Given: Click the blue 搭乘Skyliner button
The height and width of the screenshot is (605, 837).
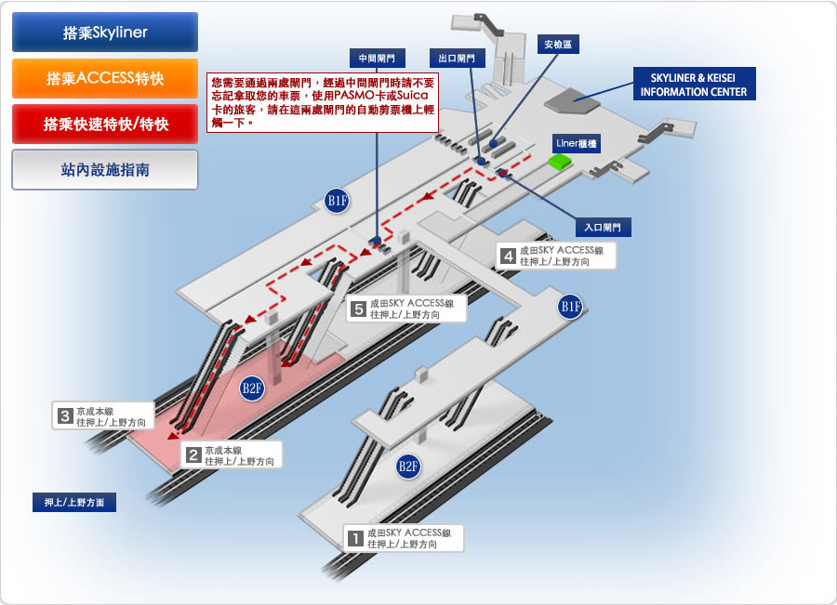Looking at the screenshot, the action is click(x=105, y=32).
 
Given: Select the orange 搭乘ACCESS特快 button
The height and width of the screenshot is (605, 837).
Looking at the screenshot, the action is click(x=105, y=78).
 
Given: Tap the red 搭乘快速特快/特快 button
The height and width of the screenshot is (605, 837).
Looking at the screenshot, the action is click(x=105, y=125).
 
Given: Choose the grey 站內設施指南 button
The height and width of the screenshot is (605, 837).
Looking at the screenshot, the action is click(x=105, y=170).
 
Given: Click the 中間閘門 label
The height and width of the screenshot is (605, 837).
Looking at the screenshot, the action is click(x=377, y=59).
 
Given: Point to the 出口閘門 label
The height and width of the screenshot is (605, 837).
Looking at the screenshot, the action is click(x=457, y=59).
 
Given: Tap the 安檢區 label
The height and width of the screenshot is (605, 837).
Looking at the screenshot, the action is click(x=558, y=45).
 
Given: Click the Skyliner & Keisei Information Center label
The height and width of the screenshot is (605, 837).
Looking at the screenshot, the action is click(x=694, y=85).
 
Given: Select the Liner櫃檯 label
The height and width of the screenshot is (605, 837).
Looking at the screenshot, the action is click(x=577, y=143).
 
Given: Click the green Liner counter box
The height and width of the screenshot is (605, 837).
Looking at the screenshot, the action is click(x=560, y=161).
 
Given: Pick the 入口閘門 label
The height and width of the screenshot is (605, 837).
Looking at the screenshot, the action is click(x=603, y=228).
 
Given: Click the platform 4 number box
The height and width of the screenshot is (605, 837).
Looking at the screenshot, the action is click(x=508, y=256).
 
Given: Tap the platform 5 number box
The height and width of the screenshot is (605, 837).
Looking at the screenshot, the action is click(x=359, y=309).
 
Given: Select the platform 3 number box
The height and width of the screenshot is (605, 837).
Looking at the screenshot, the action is click(x=64, y=416).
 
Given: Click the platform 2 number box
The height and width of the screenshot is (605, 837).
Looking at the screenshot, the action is click(x=193, y=455).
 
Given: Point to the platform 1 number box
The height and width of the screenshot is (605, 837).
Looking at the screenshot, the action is click(x=355, y=538).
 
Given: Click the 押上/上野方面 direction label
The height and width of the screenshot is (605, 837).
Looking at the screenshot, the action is click(x=74, y=503).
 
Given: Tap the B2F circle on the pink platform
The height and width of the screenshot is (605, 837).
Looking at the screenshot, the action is click(x=252, y=388).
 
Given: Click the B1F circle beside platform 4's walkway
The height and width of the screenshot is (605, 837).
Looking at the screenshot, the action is click(x=570, y=307).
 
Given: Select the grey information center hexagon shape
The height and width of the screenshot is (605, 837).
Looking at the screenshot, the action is click(x=572, y=100).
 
